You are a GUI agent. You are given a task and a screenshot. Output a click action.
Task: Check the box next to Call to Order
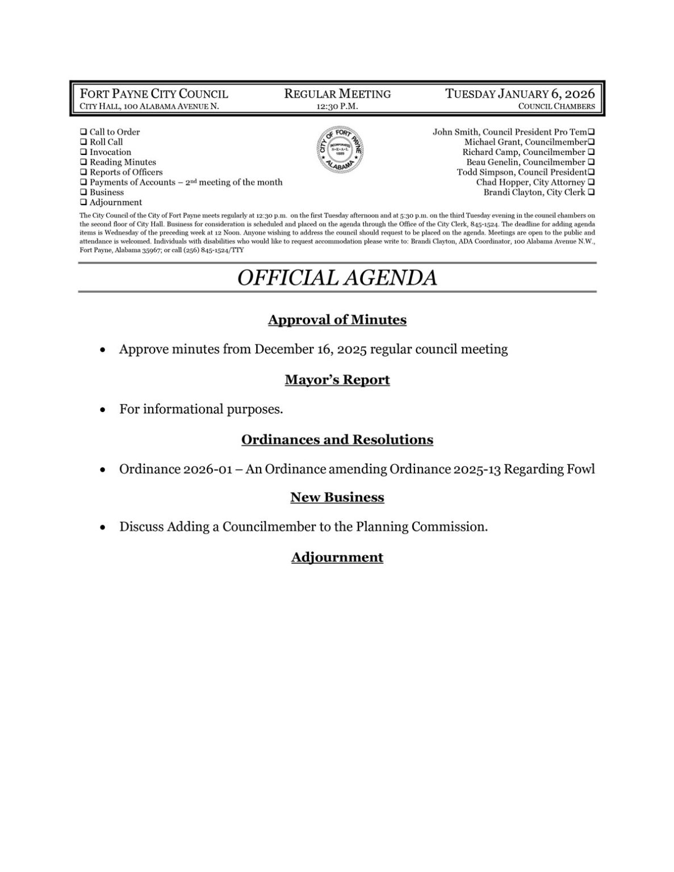click(x=83, y=132)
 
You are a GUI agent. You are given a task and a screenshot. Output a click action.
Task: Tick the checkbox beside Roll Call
click(x=83, y=142)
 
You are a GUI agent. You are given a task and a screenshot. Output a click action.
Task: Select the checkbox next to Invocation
click(x=83, y=153)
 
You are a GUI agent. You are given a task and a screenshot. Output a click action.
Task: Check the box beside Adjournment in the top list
click(x=83, y=203)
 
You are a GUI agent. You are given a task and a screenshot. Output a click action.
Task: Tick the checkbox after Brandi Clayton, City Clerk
click(x=591, y=192)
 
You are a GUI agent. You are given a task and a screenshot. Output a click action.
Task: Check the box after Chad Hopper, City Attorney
click(x=591, y=182)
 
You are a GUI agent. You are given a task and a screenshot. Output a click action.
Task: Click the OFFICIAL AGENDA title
click(x=337, y=278)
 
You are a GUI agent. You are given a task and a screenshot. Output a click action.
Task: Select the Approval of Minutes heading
click(x=337, y=320)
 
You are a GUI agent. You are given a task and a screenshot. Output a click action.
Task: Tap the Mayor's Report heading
click(x=337, y=380)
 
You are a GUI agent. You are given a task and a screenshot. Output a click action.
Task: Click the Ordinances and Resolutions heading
click(x=337, y=440)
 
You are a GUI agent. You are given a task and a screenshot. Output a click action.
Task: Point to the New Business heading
click(x=337, y=497)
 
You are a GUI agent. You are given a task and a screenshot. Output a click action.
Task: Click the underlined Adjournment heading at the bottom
click(x=337, y=557)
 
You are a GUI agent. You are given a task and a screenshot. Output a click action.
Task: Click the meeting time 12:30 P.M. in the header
click(x=337, y=106)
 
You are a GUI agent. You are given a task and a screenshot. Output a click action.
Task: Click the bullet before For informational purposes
click(x=102, y=409)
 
